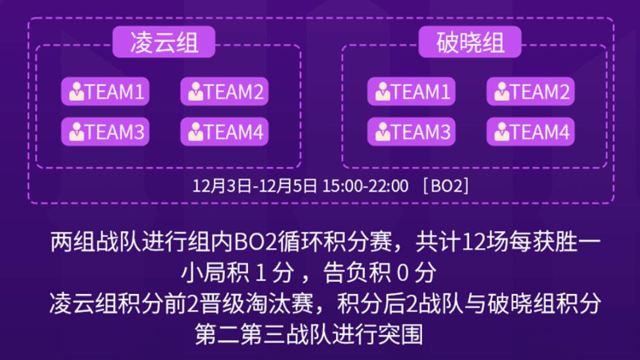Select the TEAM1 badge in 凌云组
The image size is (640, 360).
105,92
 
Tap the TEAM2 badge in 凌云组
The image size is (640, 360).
224,92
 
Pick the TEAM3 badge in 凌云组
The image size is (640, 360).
105,132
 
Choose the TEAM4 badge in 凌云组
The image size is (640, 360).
224,132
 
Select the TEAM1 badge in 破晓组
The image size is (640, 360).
411,92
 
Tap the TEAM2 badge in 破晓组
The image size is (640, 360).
530,92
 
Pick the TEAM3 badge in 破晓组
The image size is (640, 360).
411,132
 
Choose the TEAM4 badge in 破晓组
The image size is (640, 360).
530,132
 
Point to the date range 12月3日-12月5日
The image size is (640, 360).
255,185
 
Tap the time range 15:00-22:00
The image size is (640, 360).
365,185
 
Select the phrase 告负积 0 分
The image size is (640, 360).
379,273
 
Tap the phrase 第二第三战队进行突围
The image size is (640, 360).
309,335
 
